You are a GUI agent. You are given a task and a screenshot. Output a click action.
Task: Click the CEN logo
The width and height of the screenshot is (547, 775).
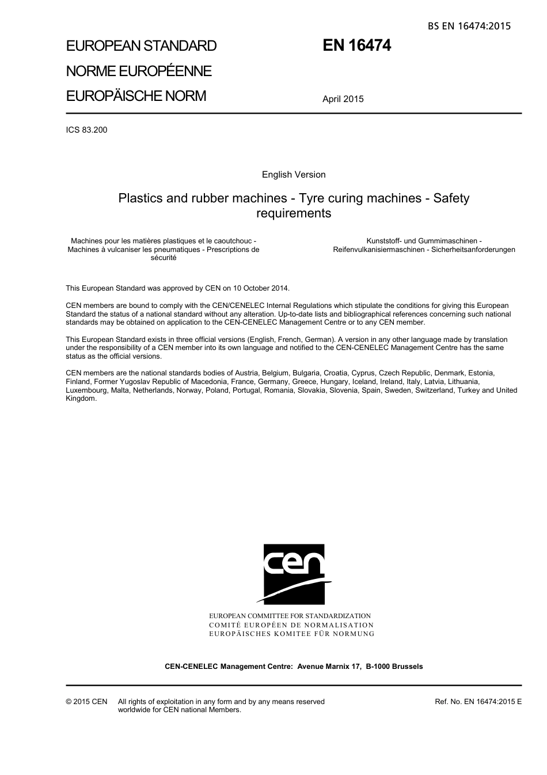point(294,574)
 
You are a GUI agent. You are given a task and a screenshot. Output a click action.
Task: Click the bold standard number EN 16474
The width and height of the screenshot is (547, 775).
point(356,46)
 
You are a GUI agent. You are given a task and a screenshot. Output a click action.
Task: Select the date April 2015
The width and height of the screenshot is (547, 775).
point(343,99)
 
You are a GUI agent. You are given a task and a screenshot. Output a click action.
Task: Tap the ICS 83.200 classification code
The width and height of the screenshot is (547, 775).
point(86,130)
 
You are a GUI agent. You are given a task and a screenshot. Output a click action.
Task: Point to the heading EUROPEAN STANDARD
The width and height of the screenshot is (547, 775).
point(141,46)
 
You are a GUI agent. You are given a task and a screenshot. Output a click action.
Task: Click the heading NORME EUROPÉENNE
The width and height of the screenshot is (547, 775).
point(139,71)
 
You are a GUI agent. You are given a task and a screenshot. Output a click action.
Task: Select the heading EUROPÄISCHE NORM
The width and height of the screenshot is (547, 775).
point(136,96)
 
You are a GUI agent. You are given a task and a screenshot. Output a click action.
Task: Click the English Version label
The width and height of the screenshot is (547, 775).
point(294,175)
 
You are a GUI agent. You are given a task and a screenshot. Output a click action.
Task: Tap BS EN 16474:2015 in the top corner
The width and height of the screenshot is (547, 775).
point(469,26)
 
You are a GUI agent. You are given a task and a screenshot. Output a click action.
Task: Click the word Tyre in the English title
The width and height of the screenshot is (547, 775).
point(312,198)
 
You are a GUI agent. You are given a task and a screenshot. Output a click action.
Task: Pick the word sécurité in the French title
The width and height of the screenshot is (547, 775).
point(164,258)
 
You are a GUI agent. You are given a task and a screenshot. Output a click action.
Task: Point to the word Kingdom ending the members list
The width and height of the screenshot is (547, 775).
point(81,398)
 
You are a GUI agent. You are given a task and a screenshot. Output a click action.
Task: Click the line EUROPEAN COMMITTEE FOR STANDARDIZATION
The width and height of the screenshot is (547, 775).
point(290,616)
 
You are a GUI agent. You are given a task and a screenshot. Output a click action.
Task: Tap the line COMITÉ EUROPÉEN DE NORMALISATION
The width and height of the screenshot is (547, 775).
point(291,625)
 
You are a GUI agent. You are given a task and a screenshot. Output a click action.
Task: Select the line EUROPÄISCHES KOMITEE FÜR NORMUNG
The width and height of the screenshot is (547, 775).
point(291,634)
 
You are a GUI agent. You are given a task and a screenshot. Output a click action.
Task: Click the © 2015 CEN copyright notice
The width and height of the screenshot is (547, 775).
point(86,702)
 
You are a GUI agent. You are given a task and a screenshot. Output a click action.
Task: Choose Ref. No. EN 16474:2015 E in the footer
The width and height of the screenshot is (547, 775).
point(478,702)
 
